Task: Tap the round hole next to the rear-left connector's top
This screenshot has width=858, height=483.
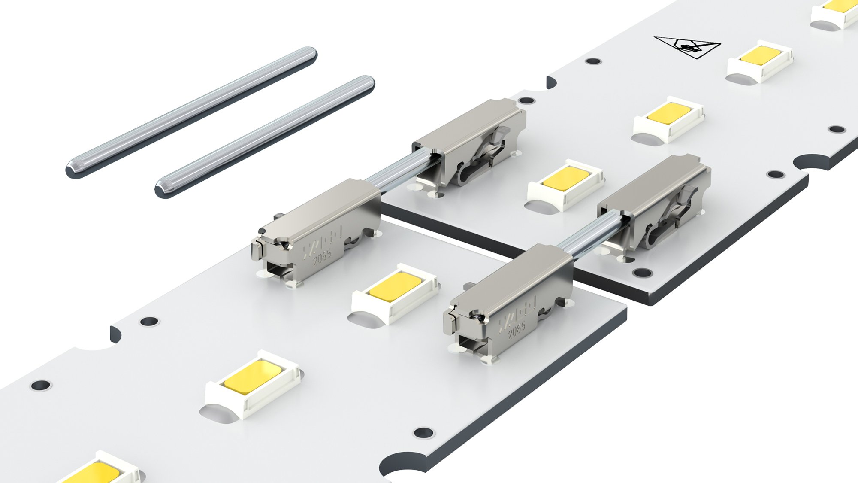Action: (x=526, y=101)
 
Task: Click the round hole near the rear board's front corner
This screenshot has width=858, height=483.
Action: (x=642, y=272)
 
